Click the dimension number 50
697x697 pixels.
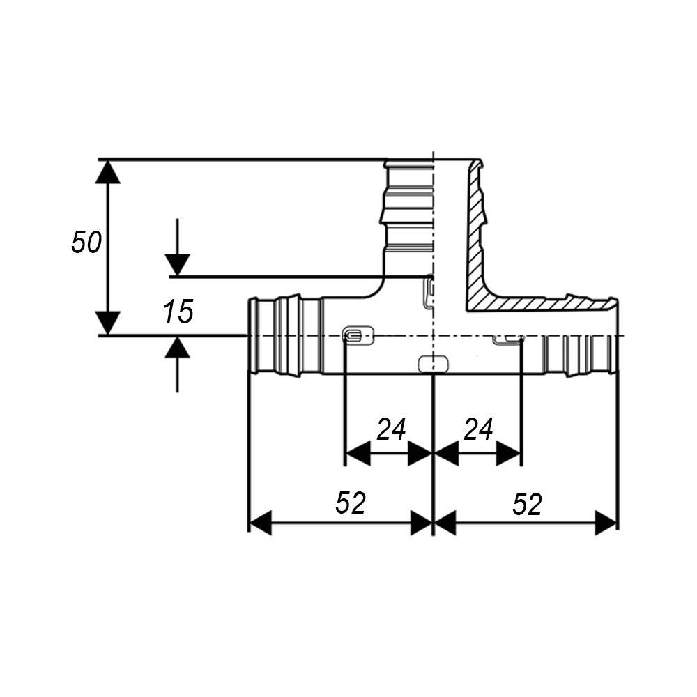(x=86, y=243)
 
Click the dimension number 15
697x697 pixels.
(x=178, y=312)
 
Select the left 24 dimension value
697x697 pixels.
(x=391, y=429)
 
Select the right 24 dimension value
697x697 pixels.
(x=478, y=429)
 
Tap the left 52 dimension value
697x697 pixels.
(x=351, y=503)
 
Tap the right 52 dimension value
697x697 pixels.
(x=527, y=505)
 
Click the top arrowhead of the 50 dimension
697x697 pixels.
(x=107, y=171)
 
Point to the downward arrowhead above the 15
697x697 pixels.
(x=177, y=265)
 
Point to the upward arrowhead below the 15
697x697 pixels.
(x=177, y=347)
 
